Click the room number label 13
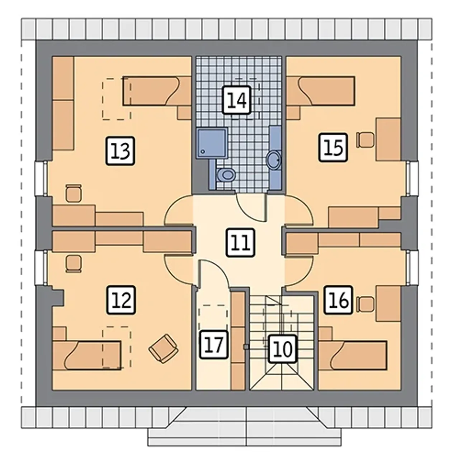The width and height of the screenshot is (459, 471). click(x=120, y=151)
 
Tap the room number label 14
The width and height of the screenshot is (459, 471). click(x=237, y=99)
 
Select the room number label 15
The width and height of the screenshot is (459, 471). click(x=333, y=147)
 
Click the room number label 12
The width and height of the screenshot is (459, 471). click(x=121, y=300)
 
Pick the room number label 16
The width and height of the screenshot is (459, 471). click(x=338, y=300)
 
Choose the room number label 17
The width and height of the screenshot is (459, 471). click(x=214, y=344)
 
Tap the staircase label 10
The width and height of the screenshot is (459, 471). click(x=282, y=349)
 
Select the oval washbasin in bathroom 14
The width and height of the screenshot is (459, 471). click(x=274, y=160)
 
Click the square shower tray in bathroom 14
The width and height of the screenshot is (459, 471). click(x=212, y=143)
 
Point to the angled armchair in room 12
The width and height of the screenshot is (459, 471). click(x=164, y=348)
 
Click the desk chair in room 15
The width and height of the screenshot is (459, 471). click(x=365, y=140)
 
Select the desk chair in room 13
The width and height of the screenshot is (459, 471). click(x=74, y=193)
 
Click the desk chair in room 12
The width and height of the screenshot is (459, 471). click(x=74, y=264)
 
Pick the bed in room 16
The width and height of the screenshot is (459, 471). click(x=352, y=355)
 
